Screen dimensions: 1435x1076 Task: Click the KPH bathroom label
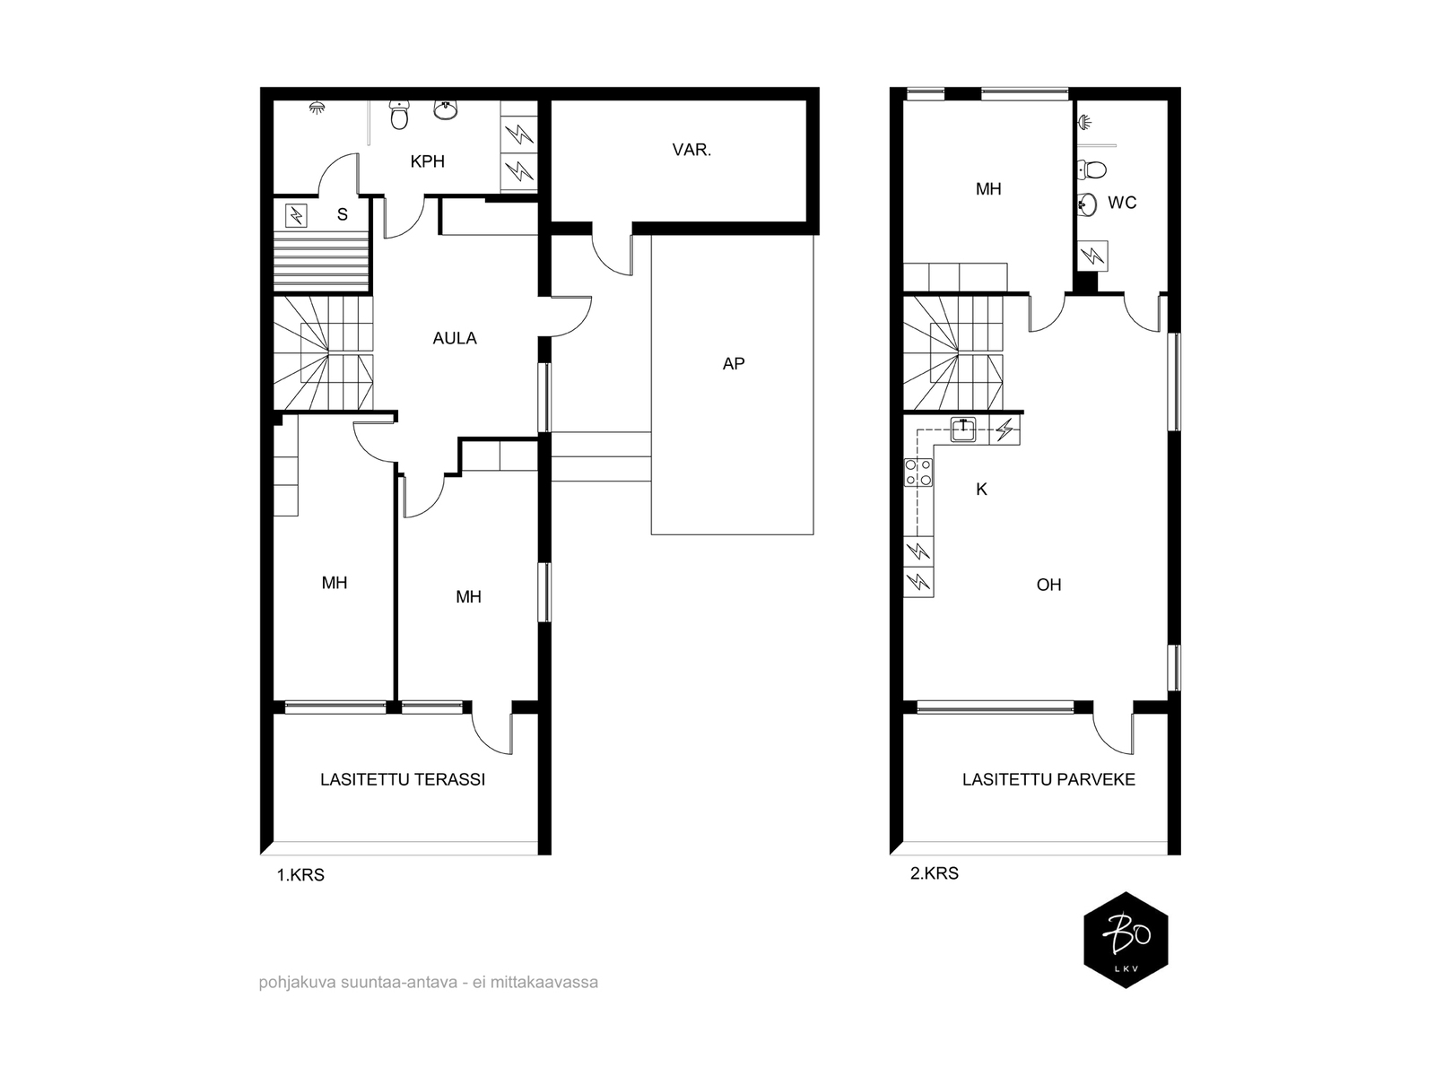[x=428, y=161]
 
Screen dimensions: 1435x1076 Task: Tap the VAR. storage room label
[x=691, y=150]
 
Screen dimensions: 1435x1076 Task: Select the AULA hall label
[x=455, y=338]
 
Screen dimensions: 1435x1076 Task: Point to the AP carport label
[x=734, y=364]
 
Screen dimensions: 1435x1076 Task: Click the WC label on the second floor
[x=1122, y=203]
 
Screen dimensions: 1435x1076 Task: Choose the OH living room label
[x=1048, y=585]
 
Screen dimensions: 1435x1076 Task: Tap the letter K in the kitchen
[x=981, y=490]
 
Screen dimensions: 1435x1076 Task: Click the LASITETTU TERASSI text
[x=403, y=779]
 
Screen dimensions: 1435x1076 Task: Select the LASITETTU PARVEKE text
[x=1048, y=779]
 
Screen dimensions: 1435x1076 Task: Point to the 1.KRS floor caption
[x=300, y=875]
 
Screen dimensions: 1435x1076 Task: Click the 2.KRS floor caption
[x=935, y=872]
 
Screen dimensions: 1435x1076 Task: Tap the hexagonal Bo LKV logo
[x=1126, y=940]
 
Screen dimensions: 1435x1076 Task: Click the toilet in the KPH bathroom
[x=399, y=115]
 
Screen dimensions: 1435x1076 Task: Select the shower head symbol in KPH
[x=317, y=107]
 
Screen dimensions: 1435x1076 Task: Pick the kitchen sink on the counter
[x=963, y=430]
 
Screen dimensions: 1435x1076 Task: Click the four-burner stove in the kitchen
[x=918, y=473]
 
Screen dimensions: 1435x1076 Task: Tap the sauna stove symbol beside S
[x=297, y=215]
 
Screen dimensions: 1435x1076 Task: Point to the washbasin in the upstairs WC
[x=1086, y=204]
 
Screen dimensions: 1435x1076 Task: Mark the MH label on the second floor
[x=987, y=189]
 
